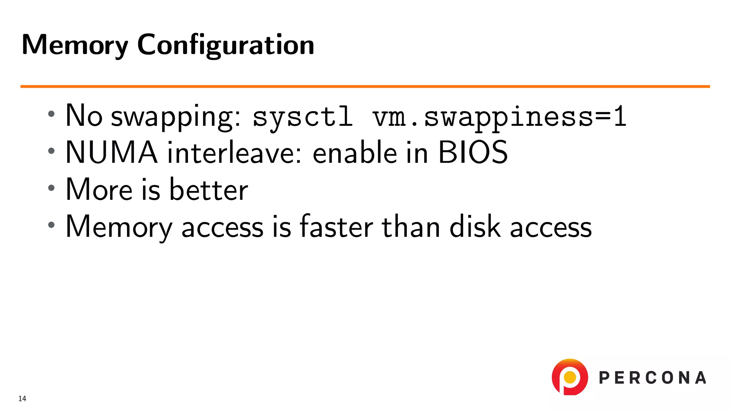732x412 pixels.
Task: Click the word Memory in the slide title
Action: point(75,45)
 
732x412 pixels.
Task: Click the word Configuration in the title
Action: point(226,45)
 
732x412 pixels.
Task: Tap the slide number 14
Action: point(22,398)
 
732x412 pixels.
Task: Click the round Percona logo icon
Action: point(570,377)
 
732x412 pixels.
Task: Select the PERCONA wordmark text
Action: point(652,378)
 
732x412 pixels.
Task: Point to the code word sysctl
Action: point(303,117)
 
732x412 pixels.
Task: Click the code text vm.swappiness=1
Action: point(499,117)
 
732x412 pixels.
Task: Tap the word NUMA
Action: point(111,152)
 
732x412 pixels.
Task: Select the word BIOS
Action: point(473,152)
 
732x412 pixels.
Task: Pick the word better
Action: point(208,189)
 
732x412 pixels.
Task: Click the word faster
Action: point(336,226)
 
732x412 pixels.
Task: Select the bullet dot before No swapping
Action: point(51,114)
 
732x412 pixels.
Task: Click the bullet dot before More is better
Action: point(51,188)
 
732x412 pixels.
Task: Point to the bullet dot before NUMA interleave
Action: point(51,151)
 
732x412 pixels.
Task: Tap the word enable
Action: point(355,152)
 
